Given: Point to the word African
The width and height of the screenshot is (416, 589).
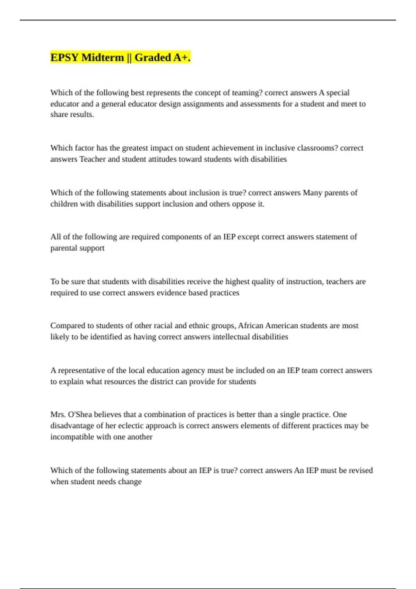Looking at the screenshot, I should (251, 326).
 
